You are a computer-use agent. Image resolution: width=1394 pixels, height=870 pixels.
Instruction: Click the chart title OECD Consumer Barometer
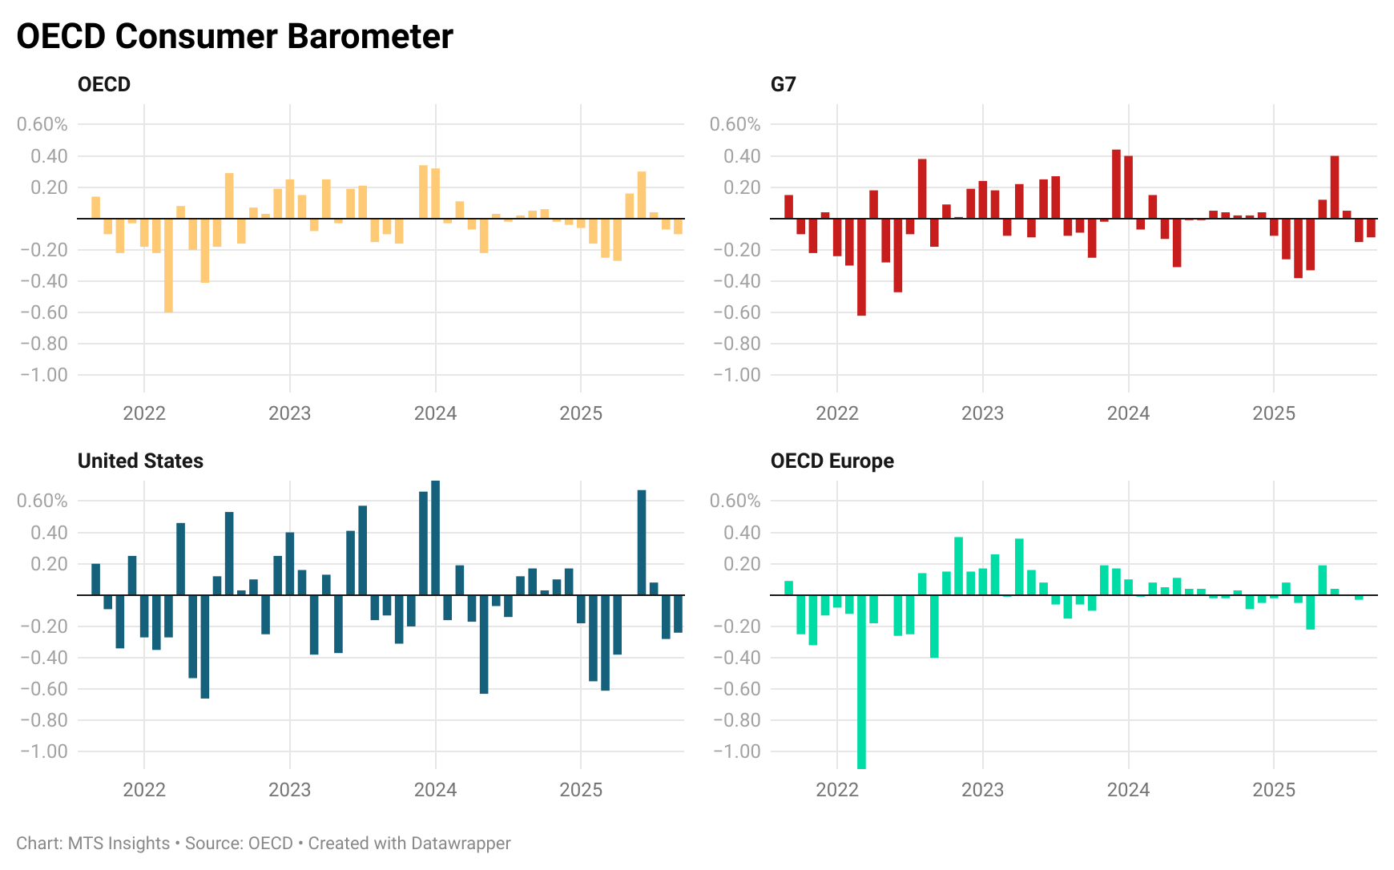click(235, 37)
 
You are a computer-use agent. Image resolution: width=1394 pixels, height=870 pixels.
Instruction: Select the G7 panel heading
click(783, 84)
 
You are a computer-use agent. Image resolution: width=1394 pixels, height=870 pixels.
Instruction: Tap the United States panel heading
click(140, 461)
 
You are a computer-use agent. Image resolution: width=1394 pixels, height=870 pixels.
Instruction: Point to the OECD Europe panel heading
click(832, 461)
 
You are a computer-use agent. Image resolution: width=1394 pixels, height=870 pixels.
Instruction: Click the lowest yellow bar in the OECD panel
click(168, 265)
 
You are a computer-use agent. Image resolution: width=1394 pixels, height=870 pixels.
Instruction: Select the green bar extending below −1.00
click(861, 681)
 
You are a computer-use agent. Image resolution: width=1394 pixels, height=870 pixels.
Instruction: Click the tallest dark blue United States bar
click(435, 538)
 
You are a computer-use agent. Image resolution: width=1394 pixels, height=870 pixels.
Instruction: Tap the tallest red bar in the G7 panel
click(1116, 184)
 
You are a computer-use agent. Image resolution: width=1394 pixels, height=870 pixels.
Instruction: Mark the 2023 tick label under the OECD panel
click(289, 413)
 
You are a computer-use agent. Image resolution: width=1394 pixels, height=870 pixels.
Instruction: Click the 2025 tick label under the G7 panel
click(1273, 413)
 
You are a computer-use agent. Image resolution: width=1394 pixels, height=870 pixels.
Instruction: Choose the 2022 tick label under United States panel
click(144, 790)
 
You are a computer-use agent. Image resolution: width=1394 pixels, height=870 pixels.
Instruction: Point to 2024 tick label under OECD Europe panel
click(1127, 790)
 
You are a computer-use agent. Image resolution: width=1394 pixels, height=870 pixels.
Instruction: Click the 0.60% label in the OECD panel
click(42, 124)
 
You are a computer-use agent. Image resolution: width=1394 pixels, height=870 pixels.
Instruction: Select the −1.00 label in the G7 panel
click(736, 375)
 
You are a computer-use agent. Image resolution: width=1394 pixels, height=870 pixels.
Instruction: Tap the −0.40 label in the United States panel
click(43, 658)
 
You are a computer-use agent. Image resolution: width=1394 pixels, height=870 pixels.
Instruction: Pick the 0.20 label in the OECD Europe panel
click(741, 564)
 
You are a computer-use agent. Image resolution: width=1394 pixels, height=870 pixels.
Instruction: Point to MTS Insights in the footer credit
click(119, 844)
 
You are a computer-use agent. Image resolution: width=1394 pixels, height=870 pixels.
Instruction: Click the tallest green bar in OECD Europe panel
click(958, 566)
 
